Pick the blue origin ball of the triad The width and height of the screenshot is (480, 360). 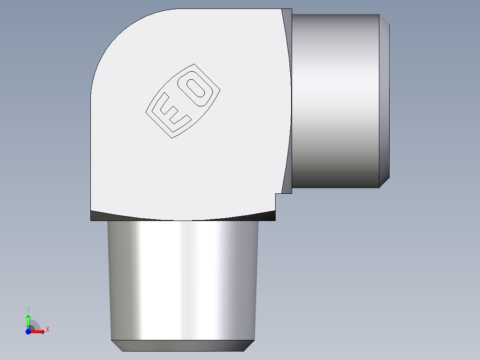pos(28,331)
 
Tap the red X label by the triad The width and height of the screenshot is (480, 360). pos(47,330)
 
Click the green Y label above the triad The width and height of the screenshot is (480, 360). pos(28,310)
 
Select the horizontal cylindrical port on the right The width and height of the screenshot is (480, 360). pos(336,100)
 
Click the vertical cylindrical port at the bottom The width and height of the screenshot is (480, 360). pos(183,281)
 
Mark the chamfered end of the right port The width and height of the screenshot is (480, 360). pos(384,100)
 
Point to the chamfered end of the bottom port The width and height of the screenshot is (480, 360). pos(183,346)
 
